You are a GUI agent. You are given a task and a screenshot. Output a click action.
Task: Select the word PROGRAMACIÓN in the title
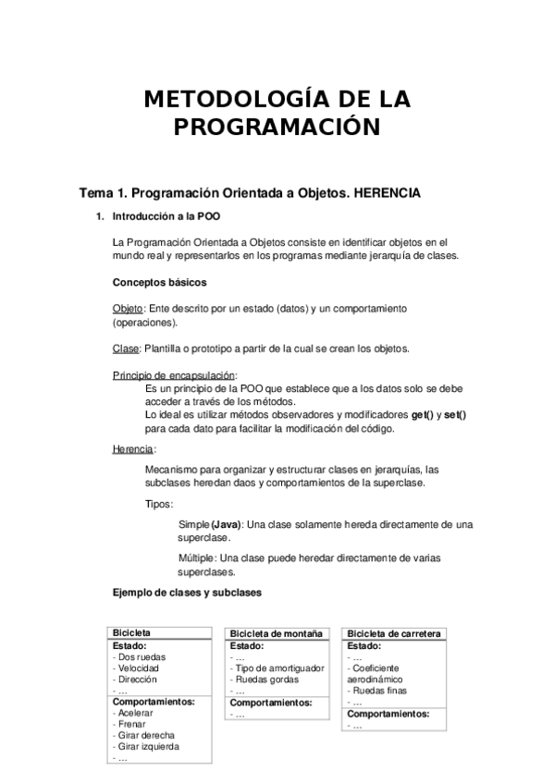pyautogui.click(x=277, y=128)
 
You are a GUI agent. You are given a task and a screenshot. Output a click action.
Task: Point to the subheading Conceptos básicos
pyautogui.click(x=159, y=283)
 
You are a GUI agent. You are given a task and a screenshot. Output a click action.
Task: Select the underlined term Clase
pyautogui.click(x=126, y=349)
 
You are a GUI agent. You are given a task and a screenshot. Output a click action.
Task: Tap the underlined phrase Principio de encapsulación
pyautogui.click(x=174, y=374)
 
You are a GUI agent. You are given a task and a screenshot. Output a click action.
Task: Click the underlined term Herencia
pyautogui.click(x=133, y=448)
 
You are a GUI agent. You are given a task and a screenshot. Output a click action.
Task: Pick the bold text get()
pyautogui.click(x=425, y=415)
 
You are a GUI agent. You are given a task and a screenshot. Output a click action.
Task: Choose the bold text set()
pyautogui.click(x=455, y=415)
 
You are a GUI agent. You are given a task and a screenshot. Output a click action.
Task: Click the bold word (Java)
pyautogui.click(x=227, y=524)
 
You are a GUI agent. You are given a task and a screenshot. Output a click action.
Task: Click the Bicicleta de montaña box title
pyautogui.click(x=277, y=633)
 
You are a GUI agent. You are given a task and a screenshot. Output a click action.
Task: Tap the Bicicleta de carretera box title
pyautogui.click(x=393, y=633)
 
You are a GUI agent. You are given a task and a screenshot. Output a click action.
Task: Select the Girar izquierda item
pyautogui.click(x=145, y=746)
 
